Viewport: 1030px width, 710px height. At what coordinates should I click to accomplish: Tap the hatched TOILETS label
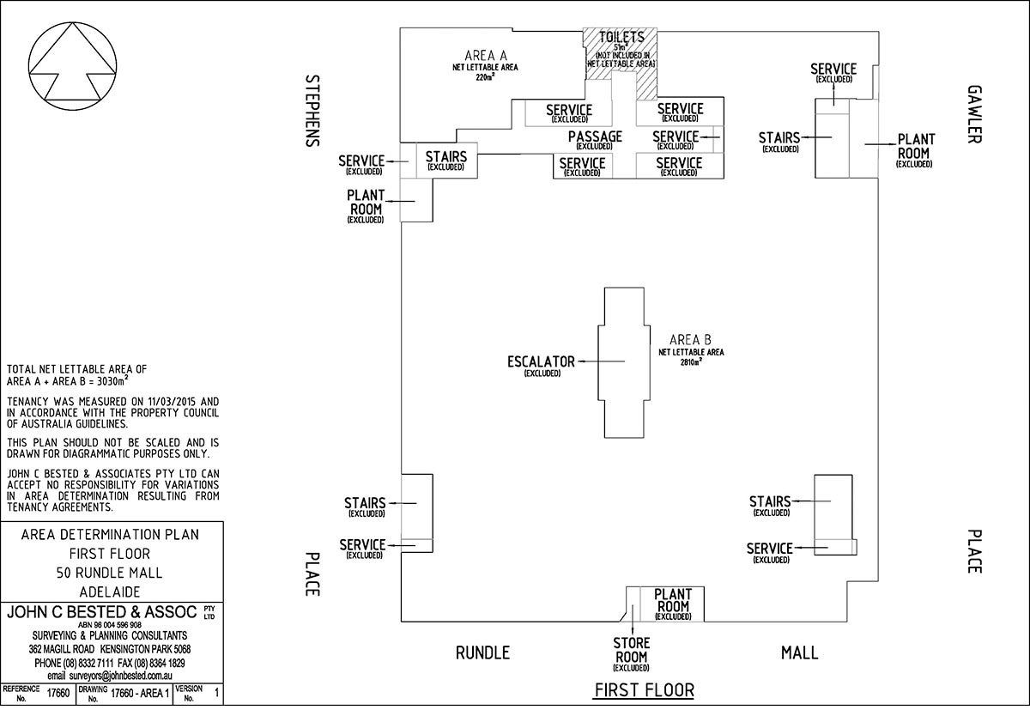click(x=621, y=38)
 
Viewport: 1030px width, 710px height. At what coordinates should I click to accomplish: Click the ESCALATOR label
click(x=541, y=361)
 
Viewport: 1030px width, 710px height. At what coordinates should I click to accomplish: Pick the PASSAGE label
click(x=595, y=137)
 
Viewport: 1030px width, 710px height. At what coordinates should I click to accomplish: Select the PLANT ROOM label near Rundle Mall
click(x=673, y=600)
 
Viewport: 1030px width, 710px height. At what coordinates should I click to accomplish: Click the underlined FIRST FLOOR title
click(x=645, y=689)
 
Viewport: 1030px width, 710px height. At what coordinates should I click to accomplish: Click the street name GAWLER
click(x=973, y=113)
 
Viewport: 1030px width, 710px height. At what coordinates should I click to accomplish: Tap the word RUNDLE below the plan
click(x=482, y=652)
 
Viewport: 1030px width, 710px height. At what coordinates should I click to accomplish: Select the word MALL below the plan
click(x=799, y=652)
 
